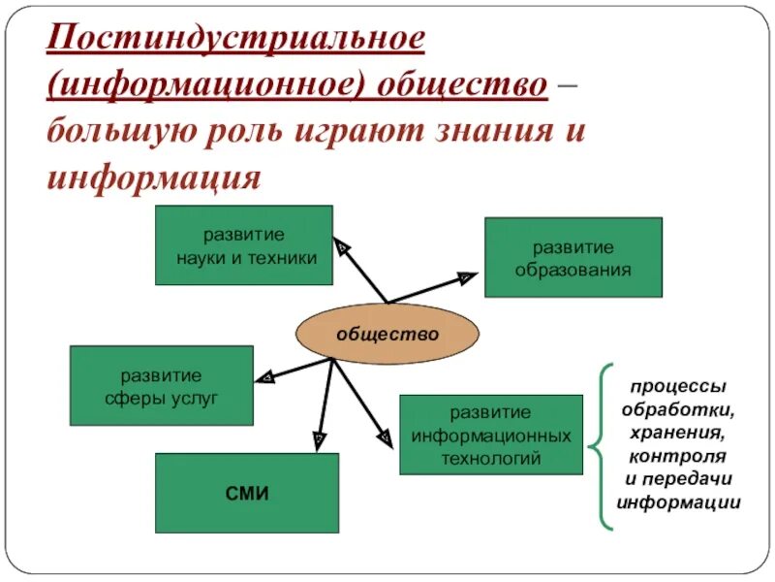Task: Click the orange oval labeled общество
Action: pyautogui.click(x=387, y=333)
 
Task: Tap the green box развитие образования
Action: pyautogui.click(x=573, y=257)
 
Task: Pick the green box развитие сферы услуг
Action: pyautogui.click(x=161, y=385)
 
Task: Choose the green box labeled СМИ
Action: pyautogui.click(x=247, y=493)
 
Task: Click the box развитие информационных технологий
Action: pyautogui.click(x=490, y=435)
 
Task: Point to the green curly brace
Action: pyautogui.click(x=604, y=446)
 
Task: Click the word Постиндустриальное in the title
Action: pyautogui.click(x=235, y=40)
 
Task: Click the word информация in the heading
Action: pyautogui.click(x=154, y=176)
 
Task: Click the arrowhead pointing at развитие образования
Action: pyautogui.click(x=467, y=278)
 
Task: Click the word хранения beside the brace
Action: pyautogui.click(x=678, y=432)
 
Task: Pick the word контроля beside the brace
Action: pyautogui.click(x=678, y=455)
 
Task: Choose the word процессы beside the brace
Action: pyautogui.click(x=678, y=385)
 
